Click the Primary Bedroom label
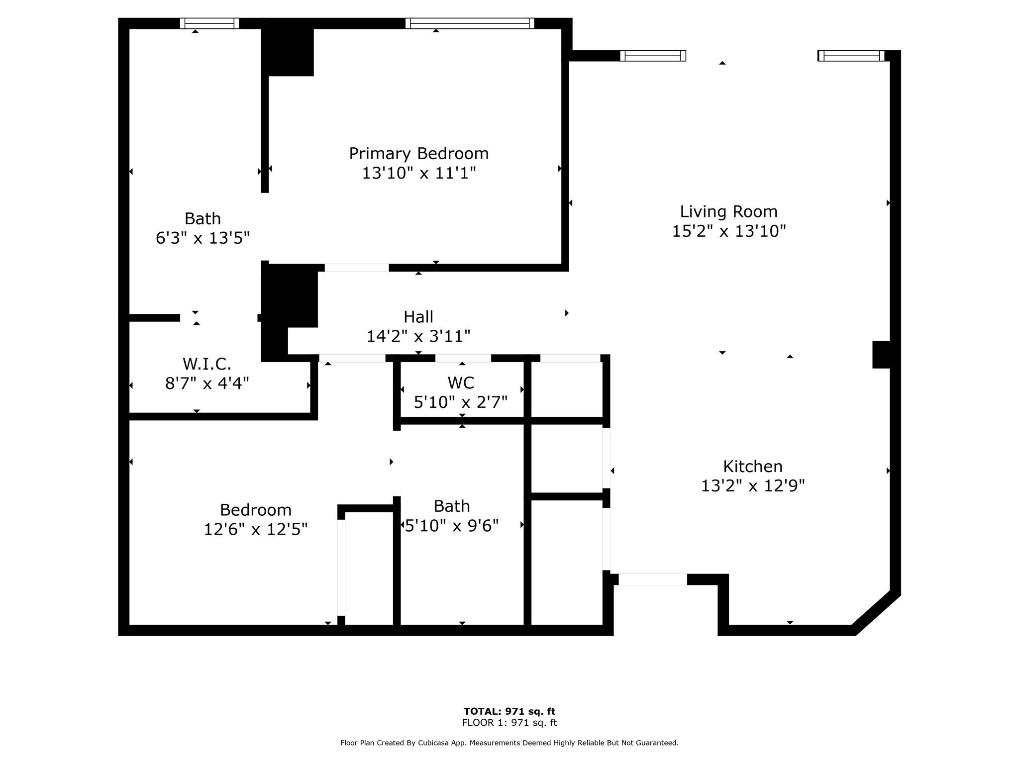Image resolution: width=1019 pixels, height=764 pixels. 418,153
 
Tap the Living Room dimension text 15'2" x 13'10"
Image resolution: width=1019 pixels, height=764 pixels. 729,231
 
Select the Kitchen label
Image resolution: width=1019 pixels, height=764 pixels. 753,466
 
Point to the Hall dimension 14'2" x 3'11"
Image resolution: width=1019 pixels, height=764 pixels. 418,337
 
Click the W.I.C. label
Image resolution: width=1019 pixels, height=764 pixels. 207,364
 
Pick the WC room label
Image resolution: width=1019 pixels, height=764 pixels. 461,382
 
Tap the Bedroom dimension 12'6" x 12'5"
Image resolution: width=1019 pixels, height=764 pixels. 256,529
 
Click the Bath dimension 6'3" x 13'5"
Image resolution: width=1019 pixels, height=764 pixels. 203,238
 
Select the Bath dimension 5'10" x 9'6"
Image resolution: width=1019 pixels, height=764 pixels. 452,526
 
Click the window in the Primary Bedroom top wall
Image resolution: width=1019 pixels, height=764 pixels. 470,23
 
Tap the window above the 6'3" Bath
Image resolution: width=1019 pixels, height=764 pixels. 209,23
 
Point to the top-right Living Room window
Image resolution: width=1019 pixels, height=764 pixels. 851,56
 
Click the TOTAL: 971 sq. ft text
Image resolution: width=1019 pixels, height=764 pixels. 509,711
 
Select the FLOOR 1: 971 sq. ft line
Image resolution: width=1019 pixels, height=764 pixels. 509,723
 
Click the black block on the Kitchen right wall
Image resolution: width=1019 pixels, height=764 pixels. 881,355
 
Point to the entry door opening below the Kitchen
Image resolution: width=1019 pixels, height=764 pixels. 653,579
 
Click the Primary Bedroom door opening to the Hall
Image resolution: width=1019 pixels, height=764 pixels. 357,268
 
